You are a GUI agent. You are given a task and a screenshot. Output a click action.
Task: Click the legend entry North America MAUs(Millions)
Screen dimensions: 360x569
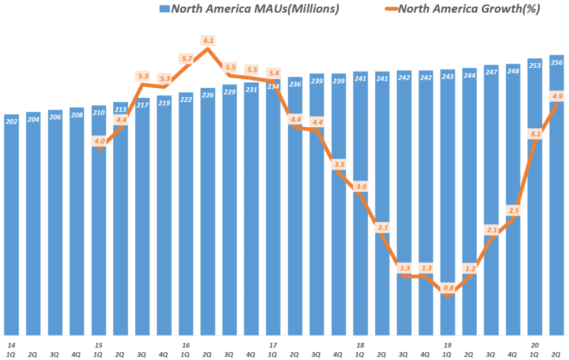[248, 8]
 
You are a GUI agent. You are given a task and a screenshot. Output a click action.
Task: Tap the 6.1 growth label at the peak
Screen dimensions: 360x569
[208, 41]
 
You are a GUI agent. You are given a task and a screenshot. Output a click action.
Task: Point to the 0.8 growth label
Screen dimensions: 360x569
[448, 288]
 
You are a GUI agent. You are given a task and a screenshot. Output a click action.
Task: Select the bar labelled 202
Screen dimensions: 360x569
[11, 222]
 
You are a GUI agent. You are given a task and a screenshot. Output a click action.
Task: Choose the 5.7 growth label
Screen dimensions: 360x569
[187, 58]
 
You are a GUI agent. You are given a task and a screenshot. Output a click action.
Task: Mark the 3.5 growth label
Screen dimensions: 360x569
[339, 164]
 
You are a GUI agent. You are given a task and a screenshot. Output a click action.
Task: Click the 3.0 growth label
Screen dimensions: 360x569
[361, 187]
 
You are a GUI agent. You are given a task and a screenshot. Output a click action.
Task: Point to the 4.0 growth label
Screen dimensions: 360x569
[99, 141]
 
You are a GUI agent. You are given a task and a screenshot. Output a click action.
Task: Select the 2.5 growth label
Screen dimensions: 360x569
[513, 210]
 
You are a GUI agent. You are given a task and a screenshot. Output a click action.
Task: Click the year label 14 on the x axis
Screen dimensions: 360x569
[11, 345]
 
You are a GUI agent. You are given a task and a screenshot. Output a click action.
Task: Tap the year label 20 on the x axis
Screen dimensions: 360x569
[535, 345]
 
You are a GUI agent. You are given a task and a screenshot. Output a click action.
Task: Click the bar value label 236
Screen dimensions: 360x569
[295, 84]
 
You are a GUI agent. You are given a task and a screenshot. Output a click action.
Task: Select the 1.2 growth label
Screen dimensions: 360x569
[470, 268]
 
